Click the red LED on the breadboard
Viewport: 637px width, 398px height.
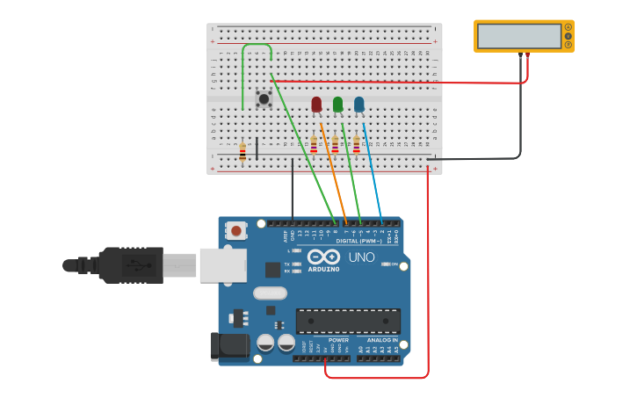(316, 105)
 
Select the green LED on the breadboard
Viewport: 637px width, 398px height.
(337, 105)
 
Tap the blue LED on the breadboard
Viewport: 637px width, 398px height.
(358, 105)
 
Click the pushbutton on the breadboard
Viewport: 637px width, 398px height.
(263, 99)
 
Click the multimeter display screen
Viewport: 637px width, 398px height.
(519, 36)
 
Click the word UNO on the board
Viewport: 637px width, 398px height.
(361, 257)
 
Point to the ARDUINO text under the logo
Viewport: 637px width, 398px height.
(323, 270)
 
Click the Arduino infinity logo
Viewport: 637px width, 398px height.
(323, 257)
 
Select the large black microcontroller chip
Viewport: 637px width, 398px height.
(348, 321)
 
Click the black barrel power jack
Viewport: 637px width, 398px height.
(227, 346)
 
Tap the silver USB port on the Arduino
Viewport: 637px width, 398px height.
(223, 264)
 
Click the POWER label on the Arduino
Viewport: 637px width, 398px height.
(338, 340)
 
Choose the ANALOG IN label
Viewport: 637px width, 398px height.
(381, 340)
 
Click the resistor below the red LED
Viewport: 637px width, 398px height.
(314, 145)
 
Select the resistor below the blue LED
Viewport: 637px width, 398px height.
(356, 145)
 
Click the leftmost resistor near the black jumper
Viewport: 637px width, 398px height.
(242, 151)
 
